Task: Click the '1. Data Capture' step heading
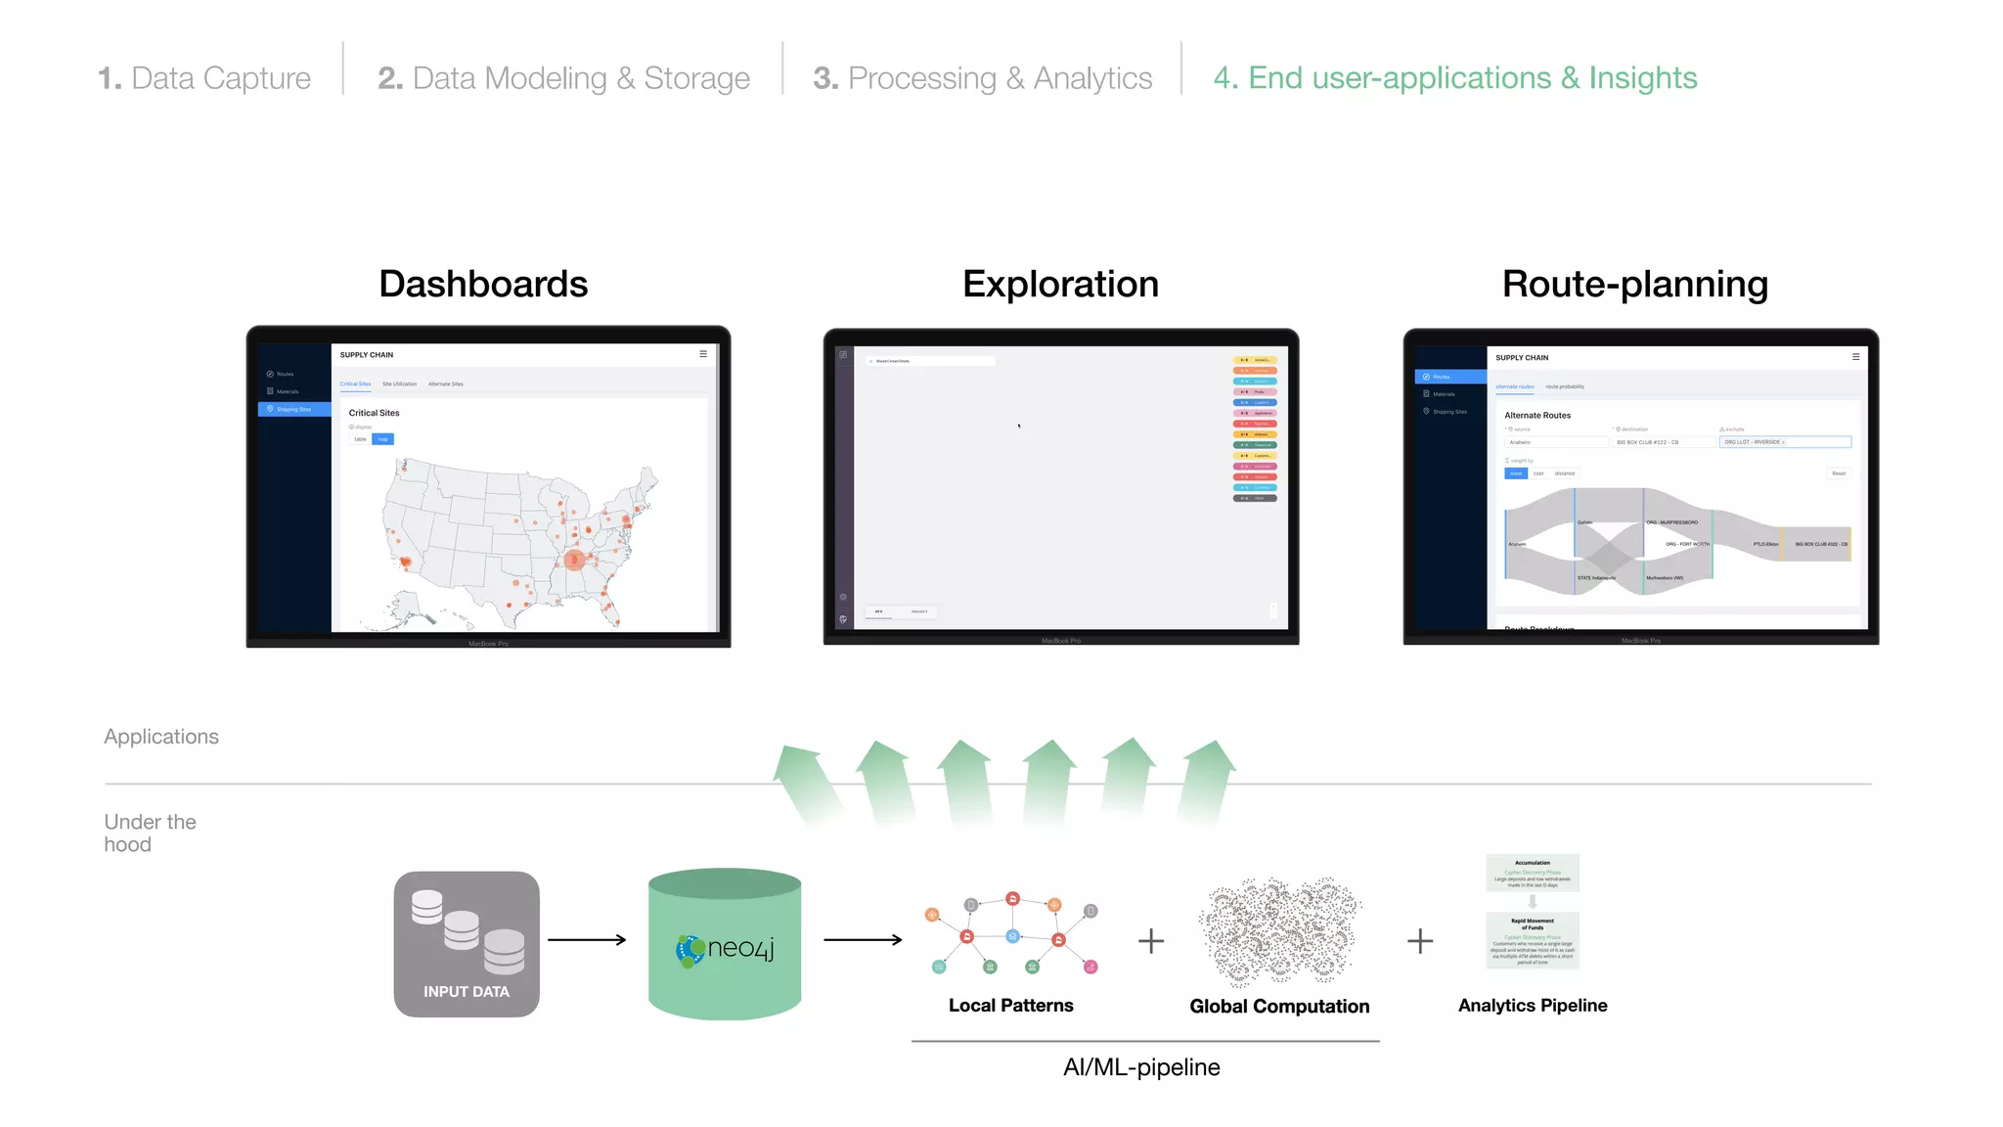[204, 78]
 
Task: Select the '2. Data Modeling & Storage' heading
[563, 78]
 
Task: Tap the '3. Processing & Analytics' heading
[982, 78]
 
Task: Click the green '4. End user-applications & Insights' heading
[1454, 78]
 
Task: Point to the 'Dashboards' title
[483, 284]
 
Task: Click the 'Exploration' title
[1060, 284]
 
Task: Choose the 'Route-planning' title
[1634, 284]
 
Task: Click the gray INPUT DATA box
[467, 943]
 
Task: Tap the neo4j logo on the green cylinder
[725, 948]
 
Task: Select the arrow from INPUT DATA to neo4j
[587, 939]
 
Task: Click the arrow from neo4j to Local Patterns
[863, 939]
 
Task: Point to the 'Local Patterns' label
[1010, 1005]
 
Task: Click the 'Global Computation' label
[1279, 1006]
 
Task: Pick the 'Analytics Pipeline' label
[1532, 1005]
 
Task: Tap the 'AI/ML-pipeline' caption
[1141, 1066]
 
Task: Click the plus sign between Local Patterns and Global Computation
[1151, 941]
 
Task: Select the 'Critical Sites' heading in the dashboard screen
[374, 413]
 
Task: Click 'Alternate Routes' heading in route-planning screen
[1536, 416]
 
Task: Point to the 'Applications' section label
[161, 737]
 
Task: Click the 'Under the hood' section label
[150, 833]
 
